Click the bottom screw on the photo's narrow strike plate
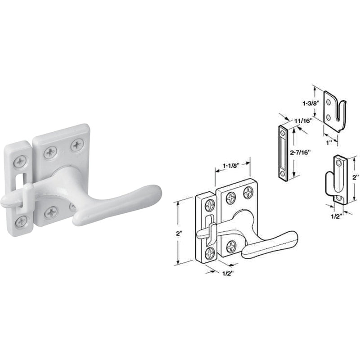click(21, 221)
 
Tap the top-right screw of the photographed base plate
click(77, 145)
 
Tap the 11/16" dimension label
click(303, 121)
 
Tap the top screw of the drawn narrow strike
click(210, 205)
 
